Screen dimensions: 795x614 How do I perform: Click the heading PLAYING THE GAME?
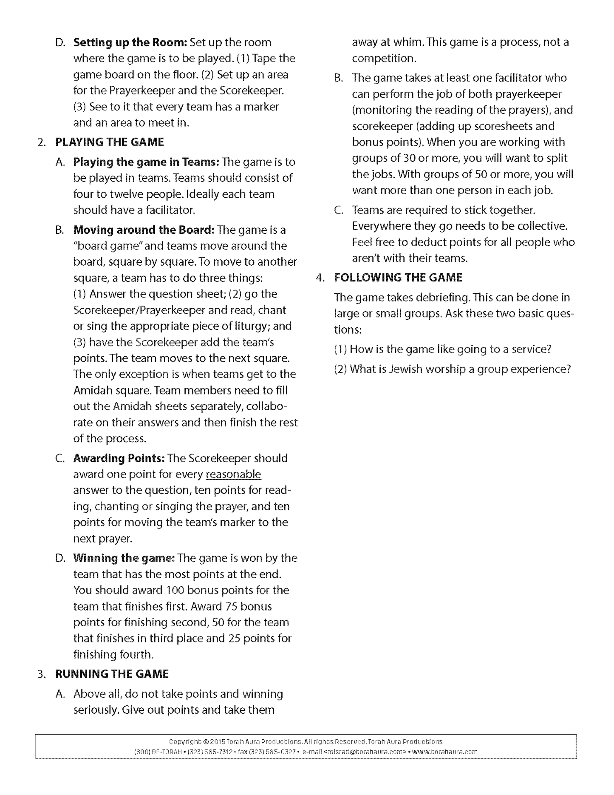(x=110, y=142)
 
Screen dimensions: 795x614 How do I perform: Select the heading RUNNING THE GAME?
(x=112, y=674)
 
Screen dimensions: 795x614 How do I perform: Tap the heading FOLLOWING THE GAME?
(x=398, y=278)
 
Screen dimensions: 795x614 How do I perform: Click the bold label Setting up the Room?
(x=130, y=43)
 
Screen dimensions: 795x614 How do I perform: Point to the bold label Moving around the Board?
(x=144, y=230)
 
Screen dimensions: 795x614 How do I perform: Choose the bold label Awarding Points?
(x=119, y=458)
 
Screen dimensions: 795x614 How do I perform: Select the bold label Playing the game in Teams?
(x=146, y=162)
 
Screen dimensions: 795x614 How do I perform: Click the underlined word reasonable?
(x=233, y=474)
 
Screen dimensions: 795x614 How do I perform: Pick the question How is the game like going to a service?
(x=443, y=349)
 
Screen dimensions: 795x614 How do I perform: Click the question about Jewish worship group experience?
(x=452, y=369)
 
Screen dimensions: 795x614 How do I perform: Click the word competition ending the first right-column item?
(x=383, y=58)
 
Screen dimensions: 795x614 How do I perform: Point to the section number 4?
(x=320, y=278)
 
